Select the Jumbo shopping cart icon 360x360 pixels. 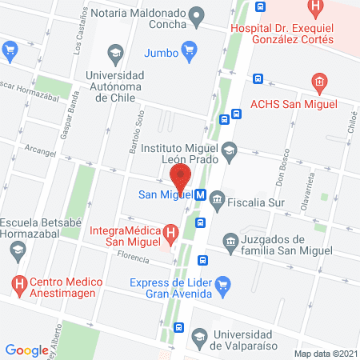[x=189, y=54]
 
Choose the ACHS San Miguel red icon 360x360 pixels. [x=318, y=82]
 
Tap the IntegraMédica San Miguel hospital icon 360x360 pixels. [x=170, y=234]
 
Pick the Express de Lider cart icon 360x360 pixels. [x=223, y=283]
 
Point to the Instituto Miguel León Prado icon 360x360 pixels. [x=230, y=149]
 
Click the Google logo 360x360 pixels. [x=26, y=350]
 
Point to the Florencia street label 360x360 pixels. [x=133, y=258]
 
